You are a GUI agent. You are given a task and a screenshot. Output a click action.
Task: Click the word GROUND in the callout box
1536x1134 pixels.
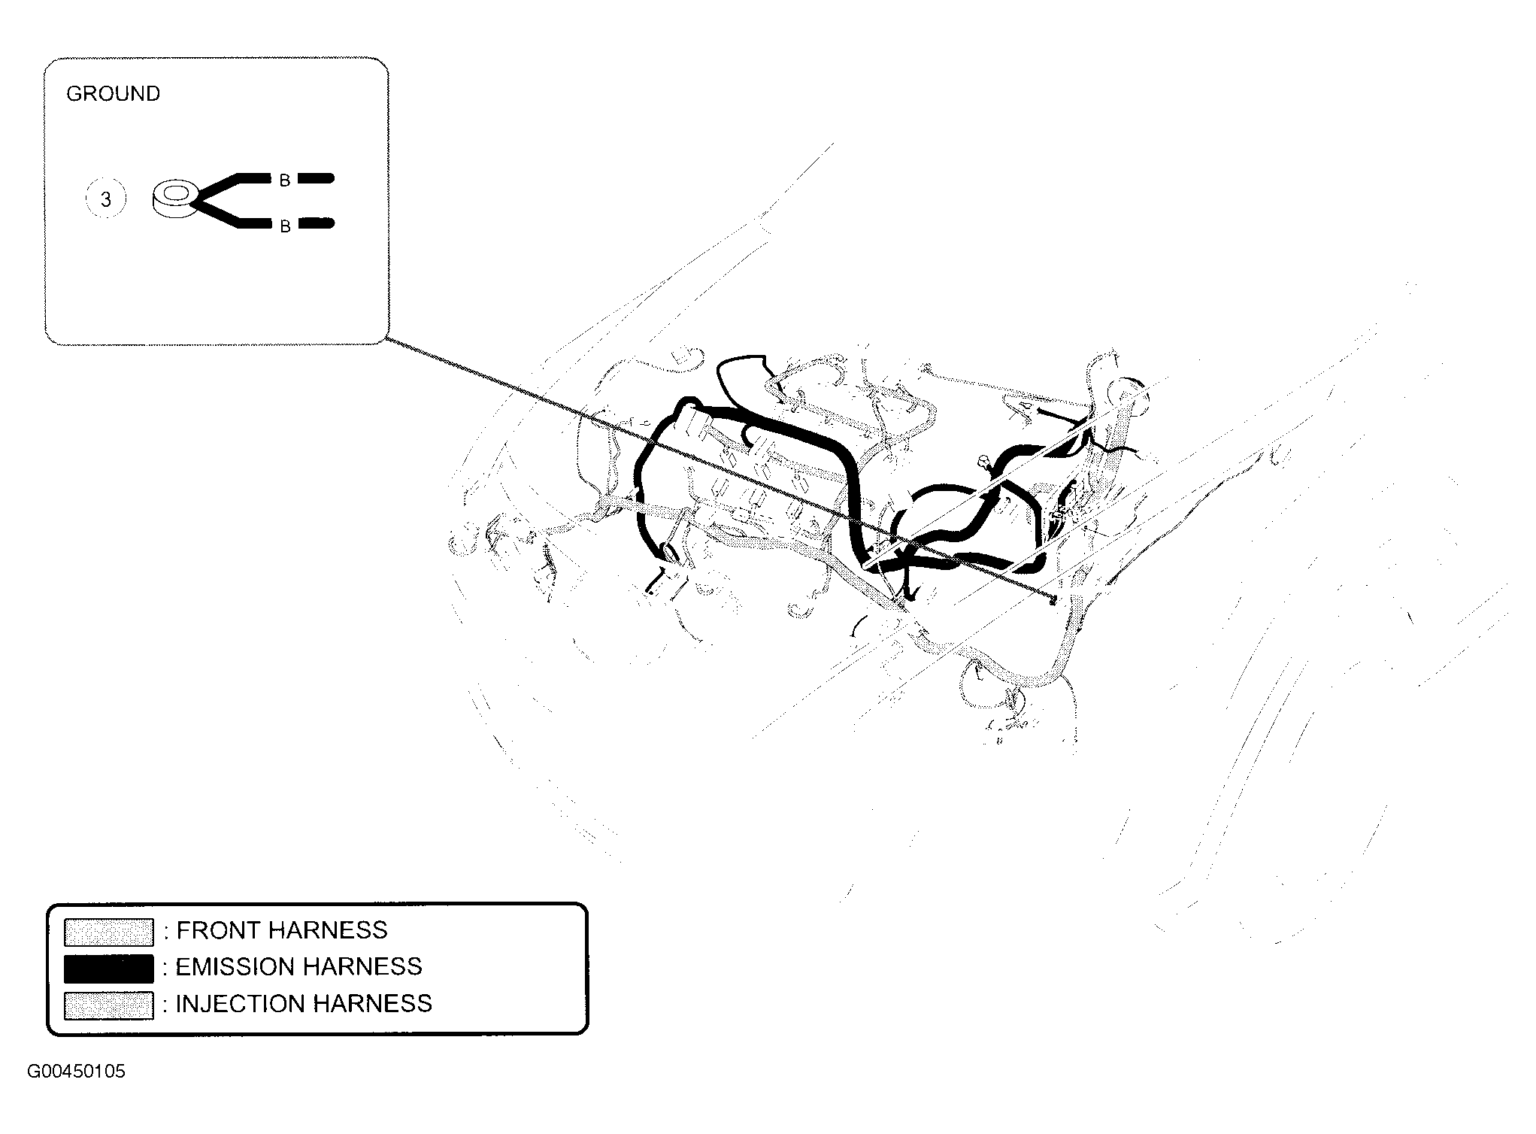113,94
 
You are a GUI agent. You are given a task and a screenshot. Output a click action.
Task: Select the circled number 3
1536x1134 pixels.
105,199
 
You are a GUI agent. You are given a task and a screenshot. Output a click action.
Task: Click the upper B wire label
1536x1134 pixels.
285,180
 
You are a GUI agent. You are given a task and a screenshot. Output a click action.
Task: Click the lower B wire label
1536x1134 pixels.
285,226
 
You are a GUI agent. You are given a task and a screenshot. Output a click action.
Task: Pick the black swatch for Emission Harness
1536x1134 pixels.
108,968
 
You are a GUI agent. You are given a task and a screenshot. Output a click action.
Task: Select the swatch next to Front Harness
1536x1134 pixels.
108,932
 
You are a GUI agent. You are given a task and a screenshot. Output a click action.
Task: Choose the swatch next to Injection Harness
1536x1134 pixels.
108,1005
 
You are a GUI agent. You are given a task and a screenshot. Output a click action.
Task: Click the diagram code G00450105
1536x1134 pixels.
77,1072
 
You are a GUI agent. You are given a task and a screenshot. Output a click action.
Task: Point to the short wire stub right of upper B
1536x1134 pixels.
316,179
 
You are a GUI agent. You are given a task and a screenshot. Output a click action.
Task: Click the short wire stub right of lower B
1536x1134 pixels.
316,223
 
